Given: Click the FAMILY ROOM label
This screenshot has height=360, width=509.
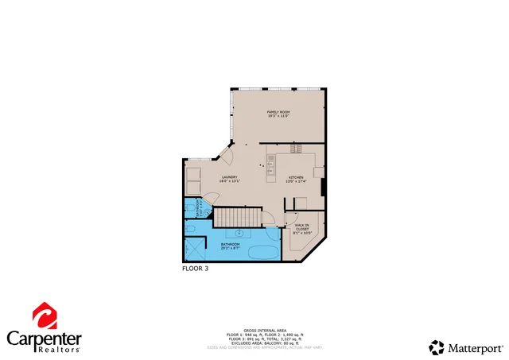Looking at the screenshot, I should tap(278, 114).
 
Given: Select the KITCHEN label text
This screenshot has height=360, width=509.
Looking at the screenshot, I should tap(296, 179).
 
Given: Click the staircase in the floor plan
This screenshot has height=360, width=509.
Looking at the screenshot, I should tap(236, 216).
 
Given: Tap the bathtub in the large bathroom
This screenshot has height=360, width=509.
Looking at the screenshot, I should tap(262, 254).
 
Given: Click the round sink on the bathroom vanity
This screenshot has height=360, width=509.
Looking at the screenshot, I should tap(239, 233).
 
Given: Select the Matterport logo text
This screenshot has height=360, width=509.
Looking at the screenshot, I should tap(476, 347).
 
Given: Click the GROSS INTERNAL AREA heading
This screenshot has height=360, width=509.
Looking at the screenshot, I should tap(260, 328).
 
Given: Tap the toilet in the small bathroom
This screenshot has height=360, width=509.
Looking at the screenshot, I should tap(192, 230).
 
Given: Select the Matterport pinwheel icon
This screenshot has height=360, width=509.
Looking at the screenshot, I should tap(437, 347).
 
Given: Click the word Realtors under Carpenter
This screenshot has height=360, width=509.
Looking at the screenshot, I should tap(56, 348).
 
